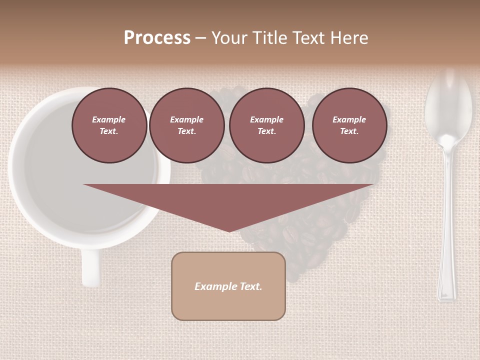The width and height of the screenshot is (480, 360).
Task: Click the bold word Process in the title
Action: point(157,38)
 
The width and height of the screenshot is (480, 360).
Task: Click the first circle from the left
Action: point(109,125)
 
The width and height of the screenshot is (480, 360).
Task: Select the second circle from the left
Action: point(186,125)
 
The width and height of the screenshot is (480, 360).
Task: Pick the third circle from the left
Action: point(266,125)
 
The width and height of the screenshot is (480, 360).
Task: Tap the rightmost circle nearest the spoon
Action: point(349,125)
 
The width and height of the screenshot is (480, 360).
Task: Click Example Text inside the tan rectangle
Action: point(228,286)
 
